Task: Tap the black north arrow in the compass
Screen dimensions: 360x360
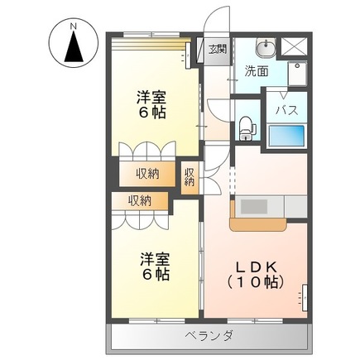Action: [x=74, y=48]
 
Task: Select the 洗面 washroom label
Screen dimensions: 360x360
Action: [x=257, y=71]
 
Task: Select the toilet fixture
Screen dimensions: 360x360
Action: [x=245, y=127]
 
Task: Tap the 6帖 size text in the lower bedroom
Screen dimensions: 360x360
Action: [x=154, y=274]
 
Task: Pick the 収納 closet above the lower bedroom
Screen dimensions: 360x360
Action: [x=140, y=200]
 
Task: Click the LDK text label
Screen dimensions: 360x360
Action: [x=256, y=266]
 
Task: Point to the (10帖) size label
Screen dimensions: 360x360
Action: [x=256, y=282]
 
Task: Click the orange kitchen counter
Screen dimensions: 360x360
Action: [x=256, y=221]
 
